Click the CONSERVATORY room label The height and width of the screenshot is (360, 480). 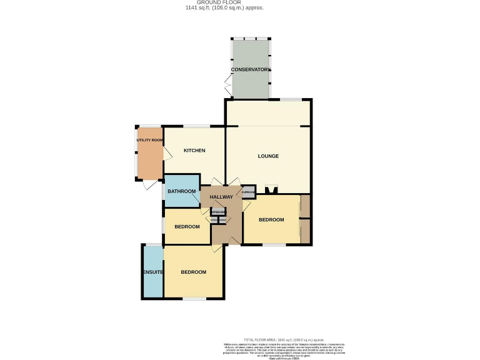coord(251,69)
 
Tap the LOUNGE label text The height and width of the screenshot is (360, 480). coord(268,156)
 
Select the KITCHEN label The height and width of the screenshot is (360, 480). coord(194,151)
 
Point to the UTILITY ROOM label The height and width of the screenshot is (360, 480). coord(150,140)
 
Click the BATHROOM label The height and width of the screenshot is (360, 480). coord(182,191)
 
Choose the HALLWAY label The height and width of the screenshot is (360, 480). coord(221,197)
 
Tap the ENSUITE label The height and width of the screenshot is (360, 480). coord(152,272)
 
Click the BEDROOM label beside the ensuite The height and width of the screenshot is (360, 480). coord(194,272)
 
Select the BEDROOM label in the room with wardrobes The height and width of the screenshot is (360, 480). coord(271,219)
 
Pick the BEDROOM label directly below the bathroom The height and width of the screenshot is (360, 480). coord(186,226)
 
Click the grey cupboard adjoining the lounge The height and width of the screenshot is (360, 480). coord(248,192)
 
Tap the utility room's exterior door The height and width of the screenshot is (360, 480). coord(146,186)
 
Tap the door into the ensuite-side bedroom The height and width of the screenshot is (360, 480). coord(217,249)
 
